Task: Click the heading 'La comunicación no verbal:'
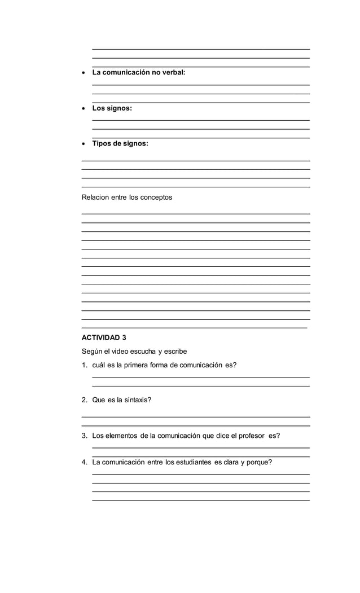point(138,72)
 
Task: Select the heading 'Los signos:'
point(112,108)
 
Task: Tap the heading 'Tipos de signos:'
point(120,143)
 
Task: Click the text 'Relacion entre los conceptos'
point(127,197)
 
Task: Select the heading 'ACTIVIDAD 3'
point(104,338)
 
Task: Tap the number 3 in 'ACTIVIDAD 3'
point(124,338)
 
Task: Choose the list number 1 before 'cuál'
point(84,365)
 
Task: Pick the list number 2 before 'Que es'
point(84,400)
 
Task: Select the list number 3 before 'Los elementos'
point(84,436)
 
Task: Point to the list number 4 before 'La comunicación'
point(84,462)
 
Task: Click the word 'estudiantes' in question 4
point(193,462)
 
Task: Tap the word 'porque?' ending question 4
point(259,462)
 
